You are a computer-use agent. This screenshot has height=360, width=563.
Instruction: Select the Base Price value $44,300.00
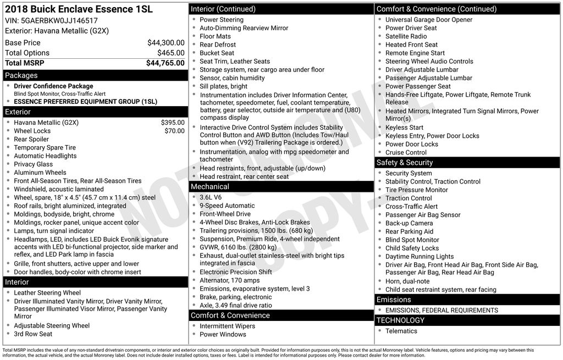tap(165, 42)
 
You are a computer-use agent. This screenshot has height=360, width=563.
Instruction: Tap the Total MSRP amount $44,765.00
tap(165, 63)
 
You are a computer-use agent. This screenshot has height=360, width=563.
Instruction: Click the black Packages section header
tap(95, 75)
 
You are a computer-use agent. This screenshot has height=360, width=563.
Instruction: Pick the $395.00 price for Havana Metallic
tap(172, 123)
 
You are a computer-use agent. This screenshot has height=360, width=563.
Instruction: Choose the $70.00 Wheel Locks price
tap(174, 131)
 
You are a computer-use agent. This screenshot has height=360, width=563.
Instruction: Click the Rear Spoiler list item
tap(31, 139)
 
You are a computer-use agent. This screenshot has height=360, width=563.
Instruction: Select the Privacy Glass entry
tap(33, 164)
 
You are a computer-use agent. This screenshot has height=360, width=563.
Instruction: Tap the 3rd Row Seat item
tap(33, 334)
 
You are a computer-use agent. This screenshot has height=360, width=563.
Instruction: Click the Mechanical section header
tap(281, 187)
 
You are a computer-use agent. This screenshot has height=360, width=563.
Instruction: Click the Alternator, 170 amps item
tap(229, 280)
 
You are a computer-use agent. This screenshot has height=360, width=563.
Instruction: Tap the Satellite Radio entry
tap(406, 36)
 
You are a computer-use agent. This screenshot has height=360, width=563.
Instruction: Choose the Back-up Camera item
tap(409, 223)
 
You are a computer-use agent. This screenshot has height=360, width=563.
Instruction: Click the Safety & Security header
tap(467, 163)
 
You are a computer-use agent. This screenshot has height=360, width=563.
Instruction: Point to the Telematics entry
tap(401, 331)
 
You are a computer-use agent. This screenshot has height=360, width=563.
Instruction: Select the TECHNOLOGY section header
tap(467, 320)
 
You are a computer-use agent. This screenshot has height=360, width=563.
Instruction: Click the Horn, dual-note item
tap(407, 281)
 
